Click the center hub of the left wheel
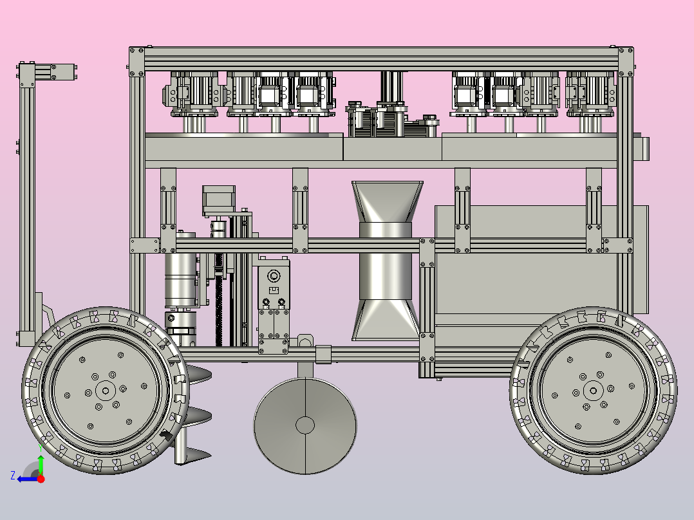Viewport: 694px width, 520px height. [106, 391]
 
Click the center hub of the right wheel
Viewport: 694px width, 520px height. [593, 391]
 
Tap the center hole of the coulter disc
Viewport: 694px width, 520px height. [305, 425]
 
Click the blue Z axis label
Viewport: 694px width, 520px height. [13, 476]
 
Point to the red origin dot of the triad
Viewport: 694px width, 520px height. [41, 479]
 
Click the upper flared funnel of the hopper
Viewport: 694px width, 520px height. [388, 201]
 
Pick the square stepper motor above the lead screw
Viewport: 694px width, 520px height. [219, 201]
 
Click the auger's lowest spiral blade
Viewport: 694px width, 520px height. [194, 454]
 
